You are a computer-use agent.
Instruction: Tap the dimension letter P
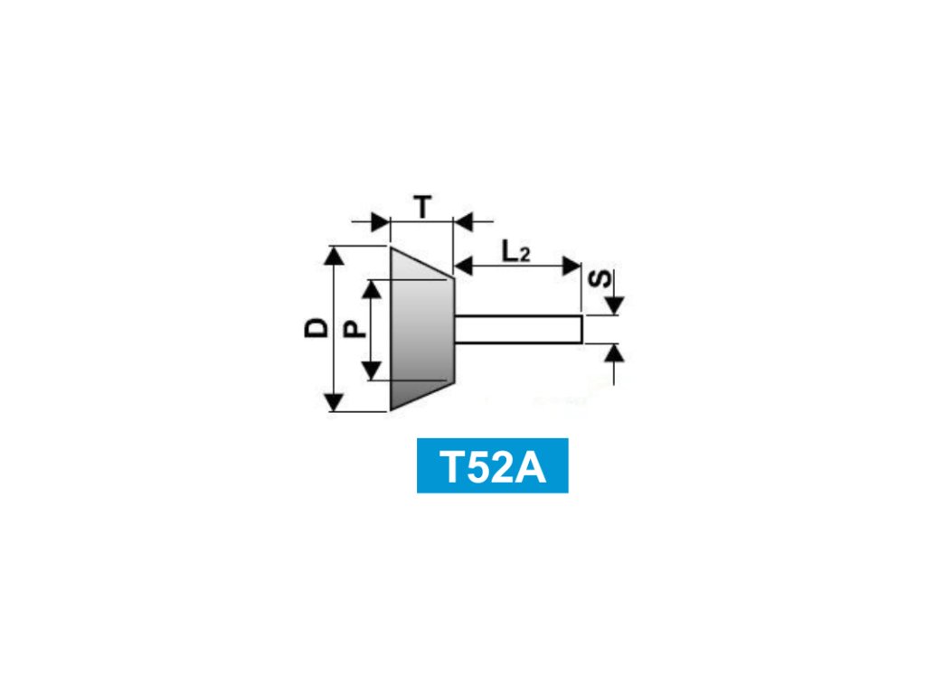tap(355, 328)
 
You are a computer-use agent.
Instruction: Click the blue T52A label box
tap(492, 465)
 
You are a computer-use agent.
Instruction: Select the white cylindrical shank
tap(518, 328)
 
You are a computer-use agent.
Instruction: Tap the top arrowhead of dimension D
tap(335, 255)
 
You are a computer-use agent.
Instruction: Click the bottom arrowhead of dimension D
tap(335, 401)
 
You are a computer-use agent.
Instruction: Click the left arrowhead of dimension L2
tap(463, 266)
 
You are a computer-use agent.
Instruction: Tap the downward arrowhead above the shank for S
tap(614, 305)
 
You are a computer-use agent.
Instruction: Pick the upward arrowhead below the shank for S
tap(614, 352)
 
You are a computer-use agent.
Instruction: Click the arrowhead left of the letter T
tap(379, 220)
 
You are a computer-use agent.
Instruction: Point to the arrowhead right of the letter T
tap(464, 220)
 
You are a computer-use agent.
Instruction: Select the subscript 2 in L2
tap(524, 257)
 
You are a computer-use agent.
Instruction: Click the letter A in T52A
tap(531, 466)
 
